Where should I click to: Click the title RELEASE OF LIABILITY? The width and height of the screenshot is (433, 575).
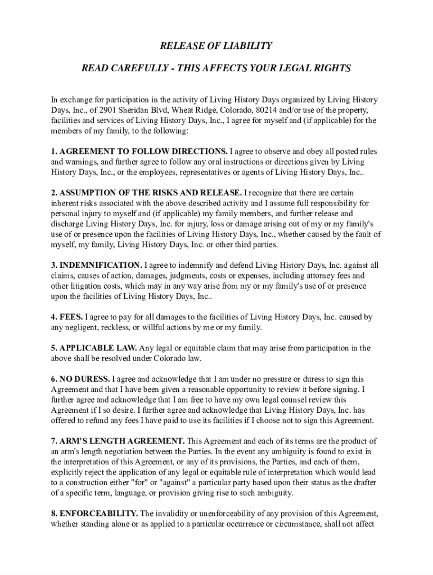click(216, 45)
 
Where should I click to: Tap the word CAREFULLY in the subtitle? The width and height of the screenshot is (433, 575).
click(137, 69)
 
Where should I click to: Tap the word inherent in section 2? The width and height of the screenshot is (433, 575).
click(65, 203)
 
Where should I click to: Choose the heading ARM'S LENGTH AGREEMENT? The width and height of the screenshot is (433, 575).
click(121, 441)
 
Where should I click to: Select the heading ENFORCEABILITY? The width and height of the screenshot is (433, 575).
click(98, 513)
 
